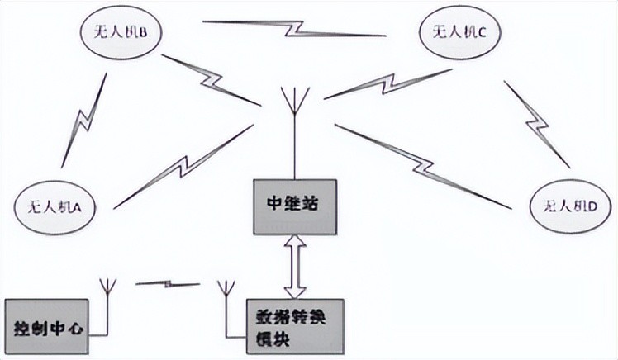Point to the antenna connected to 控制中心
107,307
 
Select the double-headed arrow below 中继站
295,267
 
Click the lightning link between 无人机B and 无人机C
294,28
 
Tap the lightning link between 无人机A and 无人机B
84,120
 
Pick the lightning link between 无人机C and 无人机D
537,124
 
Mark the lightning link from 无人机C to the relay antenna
388,84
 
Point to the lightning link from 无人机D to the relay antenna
423,166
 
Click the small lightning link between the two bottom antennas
169,283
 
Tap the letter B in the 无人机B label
143,33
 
